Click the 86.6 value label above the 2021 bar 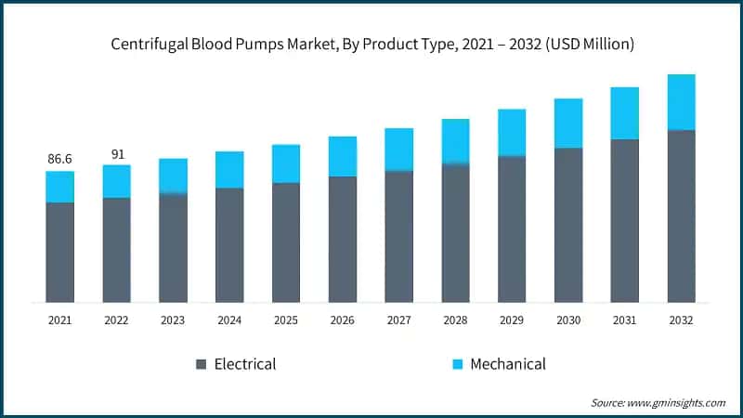59,160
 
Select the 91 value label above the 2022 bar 116,154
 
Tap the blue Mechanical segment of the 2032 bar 681,102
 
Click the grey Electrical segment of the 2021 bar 59,252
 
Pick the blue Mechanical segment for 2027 398,150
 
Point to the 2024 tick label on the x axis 229,319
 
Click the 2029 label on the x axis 512,319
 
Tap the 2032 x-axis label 681,319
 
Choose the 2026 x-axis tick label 342,319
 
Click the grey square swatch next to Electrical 202,364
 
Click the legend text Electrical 245,364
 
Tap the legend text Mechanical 508,364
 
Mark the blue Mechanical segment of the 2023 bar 173,176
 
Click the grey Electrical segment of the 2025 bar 285,242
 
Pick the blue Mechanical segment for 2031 624,113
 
